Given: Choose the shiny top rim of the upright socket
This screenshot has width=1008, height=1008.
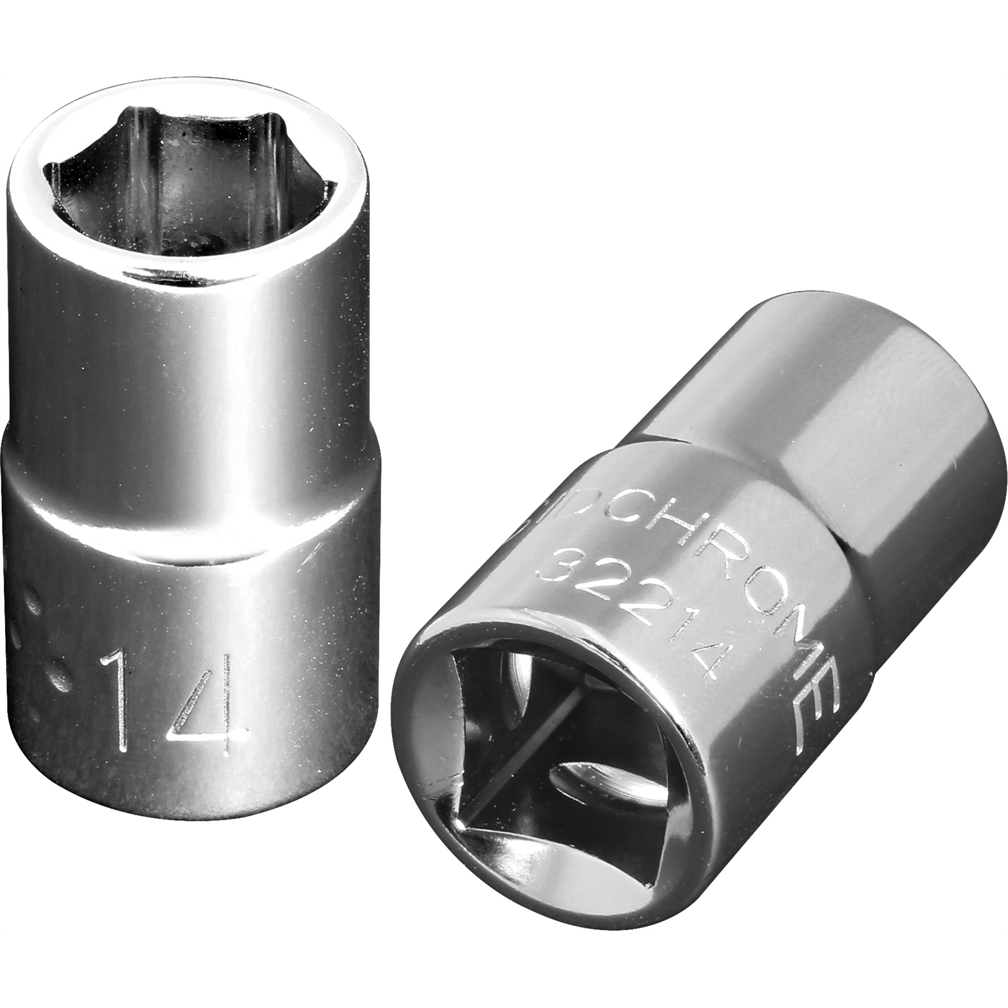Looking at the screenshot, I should point(189,265).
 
